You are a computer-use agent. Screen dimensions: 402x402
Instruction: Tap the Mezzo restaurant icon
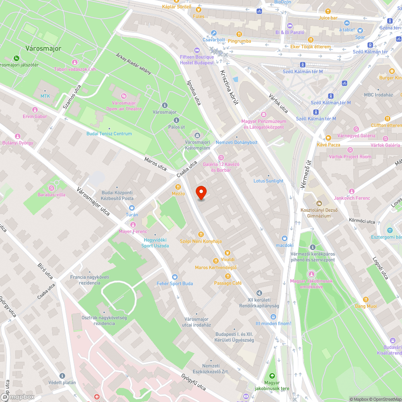(178, 187)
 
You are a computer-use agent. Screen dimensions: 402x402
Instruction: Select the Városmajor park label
(43, 48)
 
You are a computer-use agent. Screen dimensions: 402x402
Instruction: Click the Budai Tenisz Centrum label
(109, 133)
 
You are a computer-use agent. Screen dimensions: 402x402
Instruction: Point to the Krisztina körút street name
(229, 87)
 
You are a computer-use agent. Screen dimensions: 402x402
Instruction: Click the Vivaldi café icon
(228, 253)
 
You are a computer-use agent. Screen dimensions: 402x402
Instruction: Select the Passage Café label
(228, 283)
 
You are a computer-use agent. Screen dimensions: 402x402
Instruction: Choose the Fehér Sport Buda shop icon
(174, 277)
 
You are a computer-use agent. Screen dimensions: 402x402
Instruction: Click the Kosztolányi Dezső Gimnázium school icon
(319, 203)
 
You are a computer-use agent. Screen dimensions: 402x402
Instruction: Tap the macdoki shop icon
(285, 238)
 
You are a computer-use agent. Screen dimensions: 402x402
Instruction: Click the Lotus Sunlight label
(268, 181)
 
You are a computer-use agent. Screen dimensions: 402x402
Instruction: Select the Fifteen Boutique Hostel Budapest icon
(197, 50)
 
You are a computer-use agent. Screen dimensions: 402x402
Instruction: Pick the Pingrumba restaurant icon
(239, 34)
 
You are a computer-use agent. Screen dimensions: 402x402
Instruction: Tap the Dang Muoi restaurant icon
(365, 299)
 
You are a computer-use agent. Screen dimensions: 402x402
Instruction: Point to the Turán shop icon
(132, 208)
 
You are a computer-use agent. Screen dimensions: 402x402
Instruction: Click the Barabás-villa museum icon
(51, 188)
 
